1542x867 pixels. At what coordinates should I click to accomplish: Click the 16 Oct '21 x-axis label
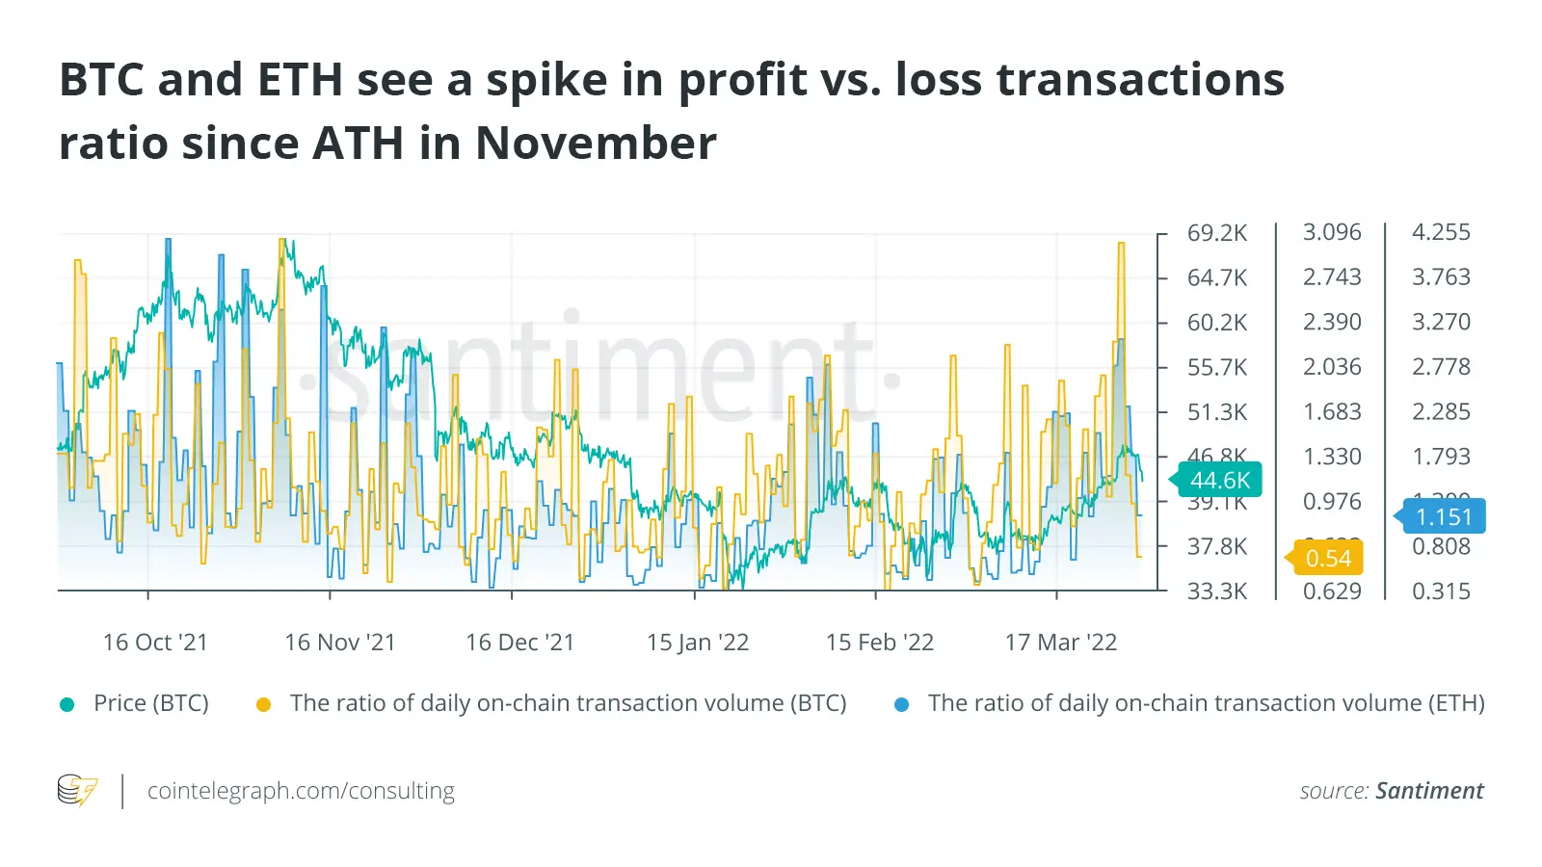[155, 643]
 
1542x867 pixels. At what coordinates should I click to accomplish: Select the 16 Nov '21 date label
[340, 643]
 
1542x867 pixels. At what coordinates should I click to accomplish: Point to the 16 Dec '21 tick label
[520, 643]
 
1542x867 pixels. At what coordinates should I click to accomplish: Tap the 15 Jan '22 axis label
[698, 643]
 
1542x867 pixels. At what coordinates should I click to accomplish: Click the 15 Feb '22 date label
[880, 643]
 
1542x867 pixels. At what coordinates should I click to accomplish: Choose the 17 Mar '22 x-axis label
[1061, 643]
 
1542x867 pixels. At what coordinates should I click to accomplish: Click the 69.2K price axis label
[1217, 233]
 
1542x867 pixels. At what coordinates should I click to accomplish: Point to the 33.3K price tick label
[1217, 591]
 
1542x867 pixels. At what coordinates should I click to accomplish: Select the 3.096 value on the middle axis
[1332, 232]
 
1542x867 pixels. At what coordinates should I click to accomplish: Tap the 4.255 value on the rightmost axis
[1441, 232]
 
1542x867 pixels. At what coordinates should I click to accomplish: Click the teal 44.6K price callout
[1219, 480]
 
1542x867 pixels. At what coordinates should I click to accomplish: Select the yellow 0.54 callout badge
[1328, 558]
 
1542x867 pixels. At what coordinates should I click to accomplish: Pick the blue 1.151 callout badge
[1444, 516]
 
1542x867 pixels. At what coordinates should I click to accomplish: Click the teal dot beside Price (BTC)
[67, 704]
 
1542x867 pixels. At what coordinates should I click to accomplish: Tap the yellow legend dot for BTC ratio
[263, 704]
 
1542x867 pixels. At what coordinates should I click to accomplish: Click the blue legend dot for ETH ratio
[902, 704]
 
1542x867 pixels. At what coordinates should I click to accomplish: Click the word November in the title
[596, 144]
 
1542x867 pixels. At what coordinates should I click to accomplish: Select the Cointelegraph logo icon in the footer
[77, 790]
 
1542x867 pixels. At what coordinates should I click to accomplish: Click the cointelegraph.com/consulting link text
[301, 791]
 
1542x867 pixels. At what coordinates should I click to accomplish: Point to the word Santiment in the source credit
[1429, 791]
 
